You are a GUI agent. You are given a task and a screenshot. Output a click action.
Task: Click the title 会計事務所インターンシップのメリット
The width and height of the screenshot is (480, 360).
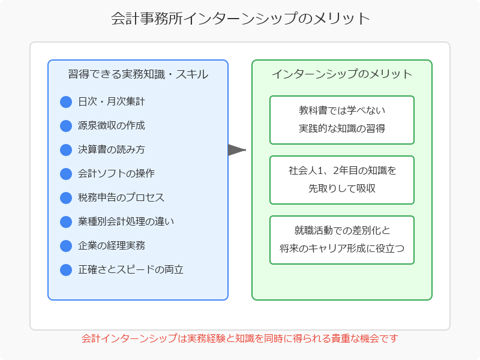(240, 19)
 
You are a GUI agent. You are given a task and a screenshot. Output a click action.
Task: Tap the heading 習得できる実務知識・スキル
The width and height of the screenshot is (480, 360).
(138, 74)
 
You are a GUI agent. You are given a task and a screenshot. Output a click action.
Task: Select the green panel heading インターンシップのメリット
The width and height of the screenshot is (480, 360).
(342, 74)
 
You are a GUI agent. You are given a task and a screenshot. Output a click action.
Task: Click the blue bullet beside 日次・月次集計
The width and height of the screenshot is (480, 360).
(66, 102)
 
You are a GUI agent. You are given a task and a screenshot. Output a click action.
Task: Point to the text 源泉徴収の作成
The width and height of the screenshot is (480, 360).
(112, 126)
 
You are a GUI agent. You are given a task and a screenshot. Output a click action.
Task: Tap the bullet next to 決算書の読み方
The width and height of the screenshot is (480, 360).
(66, 150)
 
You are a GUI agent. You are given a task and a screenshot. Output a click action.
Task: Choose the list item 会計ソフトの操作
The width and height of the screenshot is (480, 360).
(116, 174)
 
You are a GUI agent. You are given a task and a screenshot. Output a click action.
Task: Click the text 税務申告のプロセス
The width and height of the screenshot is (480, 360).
(121, 198)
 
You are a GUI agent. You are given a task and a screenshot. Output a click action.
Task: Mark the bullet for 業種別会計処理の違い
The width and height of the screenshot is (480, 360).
(66, 222)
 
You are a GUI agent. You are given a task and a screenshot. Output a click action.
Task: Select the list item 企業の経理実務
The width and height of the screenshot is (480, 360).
(112, 246)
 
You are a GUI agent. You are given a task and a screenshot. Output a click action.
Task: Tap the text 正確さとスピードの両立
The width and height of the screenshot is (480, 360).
(131, 270)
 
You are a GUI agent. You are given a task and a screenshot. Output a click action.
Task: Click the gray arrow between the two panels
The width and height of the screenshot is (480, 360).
(236, 150)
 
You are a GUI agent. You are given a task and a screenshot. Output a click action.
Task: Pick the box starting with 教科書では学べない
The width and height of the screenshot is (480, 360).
(342, 120)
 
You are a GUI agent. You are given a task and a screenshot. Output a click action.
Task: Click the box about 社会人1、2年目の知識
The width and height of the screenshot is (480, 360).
(342, 180)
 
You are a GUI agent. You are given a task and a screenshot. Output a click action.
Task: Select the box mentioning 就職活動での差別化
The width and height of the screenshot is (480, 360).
(342, 240)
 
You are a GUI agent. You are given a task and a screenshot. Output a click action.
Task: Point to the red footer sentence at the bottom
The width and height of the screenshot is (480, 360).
(240, 339)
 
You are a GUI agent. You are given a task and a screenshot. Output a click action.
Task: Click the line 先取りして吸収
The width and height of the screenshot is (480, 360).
(342, 188)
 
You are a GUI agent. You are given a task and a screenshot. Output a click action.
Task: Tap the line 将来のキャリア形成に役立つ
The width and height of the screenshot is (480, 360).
(342, 248)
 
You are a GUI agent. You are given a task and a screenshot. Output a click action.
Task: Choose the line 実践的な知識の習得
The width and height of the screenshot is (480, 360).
(342, 128)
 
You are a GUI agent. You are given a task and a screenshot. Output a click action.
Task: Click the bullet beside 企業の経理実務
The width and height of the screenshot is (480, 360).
(66, 246)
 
